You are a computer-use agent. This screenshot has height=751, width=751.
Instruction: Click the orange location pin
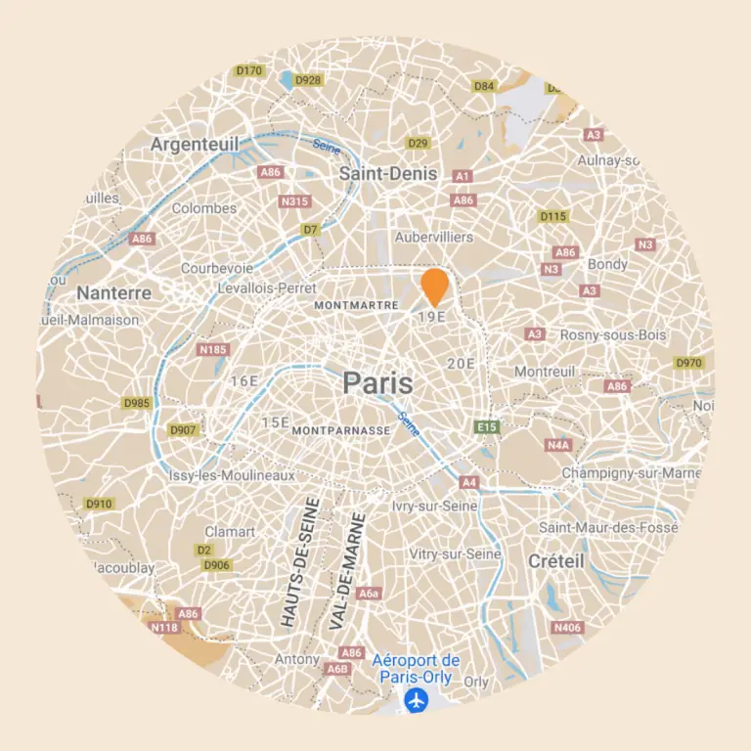point(435,286)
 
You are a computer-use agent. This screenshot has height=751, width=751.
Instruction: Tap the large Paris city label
point(377,383)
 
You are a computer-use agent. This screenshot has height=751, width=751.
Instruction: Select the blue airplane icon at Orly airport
point(418,700)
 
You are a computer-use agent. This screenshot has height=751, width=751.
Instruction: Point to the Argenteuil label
point(195,145)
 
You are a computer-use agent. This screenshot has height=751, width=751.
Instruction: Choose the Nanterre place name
point(114,292)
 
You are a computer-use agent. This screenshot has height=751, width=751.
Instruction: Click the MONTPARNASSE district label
point(342,429)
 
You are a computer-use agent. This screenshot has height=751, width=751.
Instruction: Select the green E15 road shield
point(486,426)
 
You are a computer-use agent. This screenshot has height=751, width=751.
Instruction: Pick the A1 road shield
point(464,176)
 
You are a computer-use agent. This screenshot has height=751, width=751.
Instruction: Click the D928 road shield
point(308,80)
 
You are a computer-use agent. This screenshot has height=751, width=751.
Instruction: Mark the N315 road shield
point(293,201)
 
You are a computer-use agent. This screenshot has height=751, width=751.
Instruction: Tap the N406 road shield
point(566,627)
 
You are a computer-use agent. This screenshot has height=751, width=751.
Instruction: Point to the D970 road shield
point(689,363)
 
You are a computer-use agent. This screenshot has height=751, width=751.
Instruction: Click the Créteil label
point(555,561)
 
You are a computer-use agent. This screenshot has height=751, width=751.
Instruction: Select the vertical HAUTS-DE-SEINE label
point(300,561)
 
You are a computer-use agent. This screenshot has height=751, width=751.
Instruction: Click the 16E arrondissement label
point(243,380)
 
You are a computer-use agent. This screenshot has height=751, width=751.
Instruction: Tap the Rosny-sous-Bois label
point(613,334)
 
